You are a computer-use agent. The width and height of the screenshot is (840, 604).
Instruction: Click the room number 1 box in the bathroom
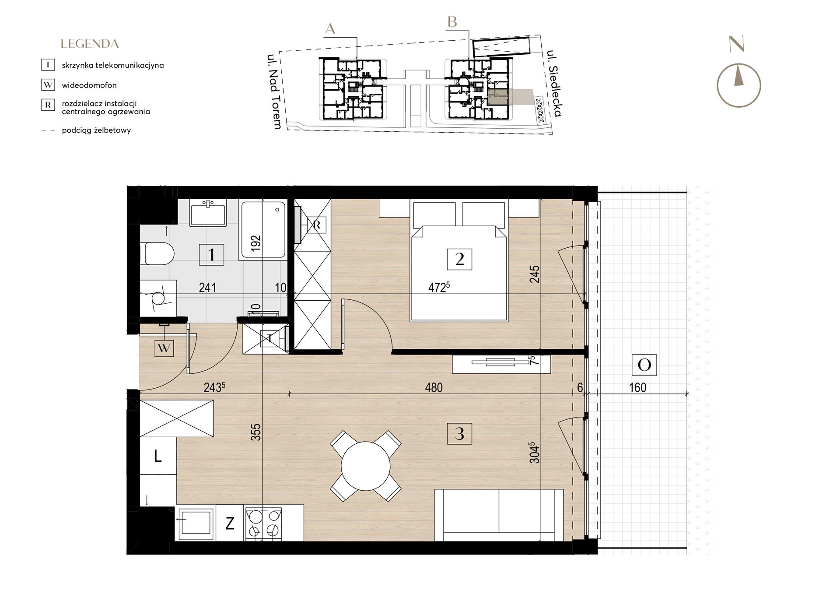pos(212,254)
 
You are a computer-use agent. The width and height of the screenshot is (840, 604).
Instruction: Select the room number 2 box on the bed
pos(459,259)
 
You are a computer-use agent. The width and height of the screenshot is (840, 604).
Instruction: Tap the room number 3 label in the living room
pos(459,433)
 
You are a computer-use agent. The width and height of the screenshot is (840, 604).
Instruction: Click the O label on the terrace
pos(644,365)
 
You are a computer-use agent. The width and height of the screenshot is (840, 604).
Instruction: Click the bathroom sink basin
pos(208,212)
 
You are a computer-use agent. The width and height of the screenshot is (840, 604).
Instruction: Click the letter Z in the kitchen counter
pos(230,523)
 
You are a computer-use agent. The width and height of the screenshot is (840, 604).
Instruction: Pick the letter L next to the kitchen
pos(158,457)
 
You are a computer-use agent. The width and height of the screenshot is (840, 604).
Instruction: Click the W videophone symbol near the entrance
pos(164,348)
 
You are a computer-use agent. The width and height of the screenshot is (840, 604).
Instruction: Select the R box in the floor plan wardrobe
pos(317,225)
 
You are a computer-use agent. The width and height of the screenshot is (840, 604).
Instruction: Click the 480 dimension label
pos(434,387)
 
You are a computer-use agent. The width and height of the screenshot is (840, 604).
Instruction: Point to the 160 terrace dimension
pos(637,387)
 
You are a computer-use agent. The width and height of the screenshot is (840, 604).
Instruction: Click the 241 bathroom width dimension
pos(207,288)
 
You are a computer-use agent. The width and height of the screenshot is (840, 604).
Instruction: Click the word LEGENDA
pos(90,44)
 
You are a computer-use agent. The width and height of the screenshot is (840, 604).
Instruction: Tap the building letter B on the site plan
pos(452,21)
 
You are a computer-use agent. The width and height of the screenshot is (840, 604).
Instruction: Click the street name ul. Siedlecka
pos(554,84)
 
